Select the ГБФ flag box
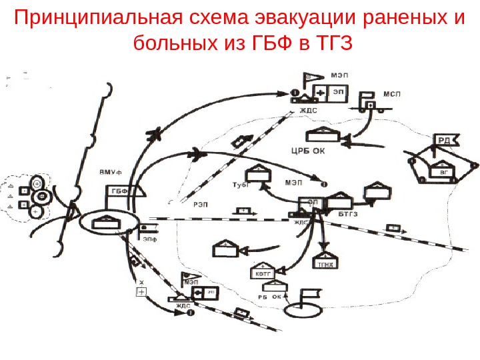tap(119, 192)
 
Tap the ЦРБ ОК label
tap(308, 150)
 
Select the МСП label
tap(393, 95)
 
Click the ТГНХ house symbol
tap(325, 261)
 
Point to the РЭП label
tap(200, 205)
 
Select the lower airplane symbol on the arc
tap(197, 155)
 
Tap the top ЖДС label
tap(308, 111)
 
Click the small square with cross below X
tap(141, 292)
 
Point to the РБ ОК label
tap(269, 297)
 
